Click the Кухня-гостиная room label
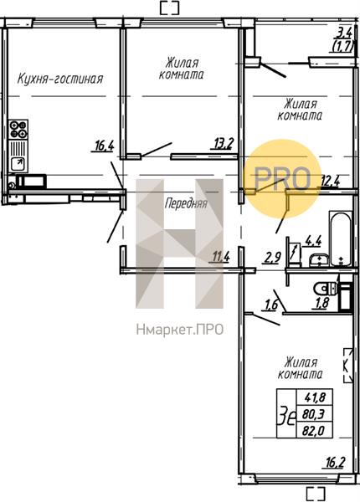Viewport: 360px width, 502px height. click(60, 79)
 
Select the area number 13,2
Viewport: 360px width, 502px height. click(222, 143)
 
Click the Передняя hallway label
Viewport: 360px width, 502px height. click(185, 203)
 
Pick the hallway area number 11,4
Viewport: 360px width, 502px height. click(221, 256)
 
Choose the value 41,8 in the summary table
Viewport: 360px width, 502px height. click(313, 398)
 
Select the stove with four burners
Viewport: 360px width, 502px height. click(18, 131)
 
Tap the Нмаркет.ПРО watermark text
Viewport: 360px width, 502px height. click(179, 329)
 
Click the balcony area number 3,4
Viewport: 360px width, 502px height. click(342, 33)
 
